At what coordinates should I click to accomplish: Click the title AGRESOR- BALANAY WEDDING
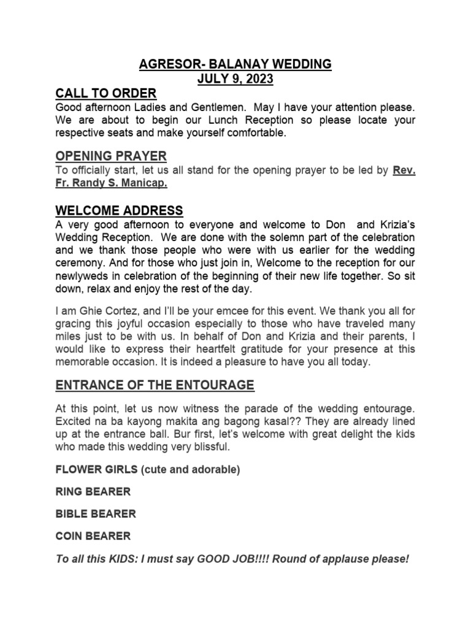pyautogui.click(x=235, y=64)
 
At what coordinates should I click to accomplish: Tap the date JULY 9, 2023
pyautogui.click(x=235, y=79)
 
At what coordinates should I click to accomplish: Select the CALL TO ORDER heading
pyautogui.click(x=105, y=94)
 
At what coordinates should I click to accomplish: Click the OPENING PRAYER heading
pyautogui.click(x=110, y=156)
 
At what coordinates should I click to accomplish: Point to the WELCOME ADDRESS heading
pyautogui.click(x=119, y=211)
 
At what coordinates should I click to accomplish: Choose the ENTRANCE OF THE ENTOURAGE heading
pyautogui.click(x=154, y=385)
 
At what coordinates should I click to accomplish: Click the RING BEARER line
pyautogui.click(x=93, y=492)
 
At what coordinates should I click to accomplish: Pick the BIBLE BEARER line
pyautogui.click(x=95, y=514)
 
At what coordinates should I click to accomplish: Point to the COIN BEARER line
pyautogui.click(x=93, y=536)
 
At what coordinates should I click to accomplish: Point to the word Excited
pyautogui.click(x=73, y=421)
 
